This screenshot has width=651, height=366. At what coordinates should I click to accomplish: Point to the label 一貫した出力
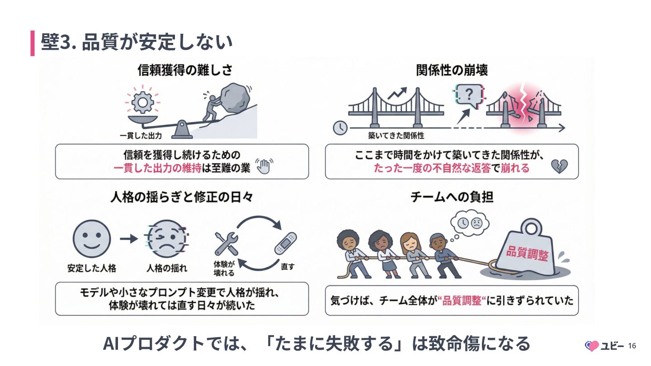pos(141,135)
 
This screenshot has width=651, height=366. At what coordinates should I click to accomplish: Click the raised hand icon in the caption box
pos(263,166)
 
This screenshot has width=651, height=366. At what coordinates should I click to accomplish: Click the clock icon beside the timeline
pos(340,128)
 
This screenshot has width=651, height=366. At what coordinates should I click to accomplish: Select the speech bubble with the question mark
pos(468,96)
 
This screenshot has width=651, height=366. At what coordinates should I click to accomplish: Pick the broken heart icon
pos(559,167)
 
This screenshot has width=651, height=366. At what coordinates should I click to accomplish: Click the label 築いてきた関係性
pos(396,135)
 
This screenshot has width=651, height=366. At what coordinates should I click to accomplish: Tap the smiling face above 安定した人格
pos(92,239)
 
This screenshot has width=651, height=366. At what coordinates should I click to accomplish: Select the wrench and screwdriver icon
pos(226,244)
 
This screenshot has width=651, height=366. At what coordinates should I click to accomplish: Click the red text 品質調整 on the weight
pos(527,253)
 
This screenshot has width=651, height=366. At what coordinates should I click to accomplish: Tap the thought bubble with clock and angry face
pos(470,223)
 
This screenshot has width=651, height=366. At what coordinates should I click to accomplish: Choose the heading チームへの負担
pos(452,197)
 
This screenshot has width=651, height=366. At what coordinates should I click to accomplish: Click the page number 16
pos(632,346)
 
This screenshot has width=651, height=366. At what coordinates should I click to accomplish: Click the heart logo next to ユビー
pos(592,346)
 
